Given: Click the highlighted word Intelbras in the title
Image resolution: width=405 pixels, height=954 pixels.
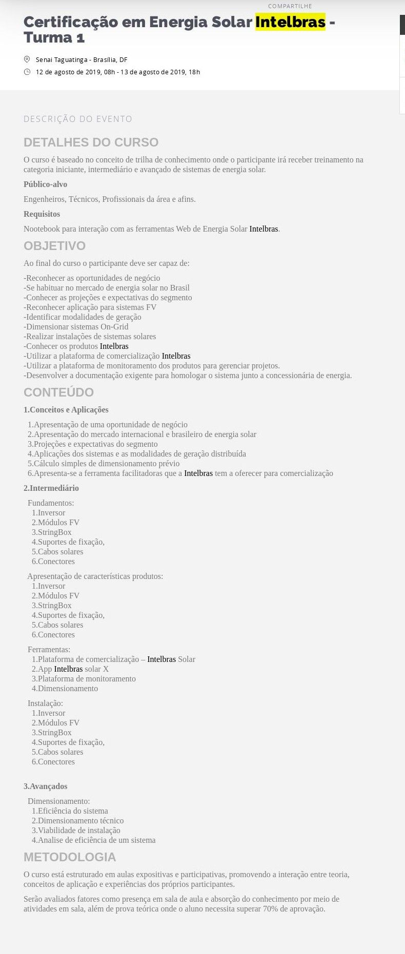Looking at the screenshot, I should (290, 22).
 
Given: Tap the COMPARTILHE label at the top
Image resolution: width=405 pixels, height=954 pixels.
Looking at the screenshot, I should (290, 6).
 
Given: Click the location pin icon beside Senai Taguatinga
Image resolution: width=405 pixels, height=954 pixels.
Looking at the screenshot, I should (27, 59).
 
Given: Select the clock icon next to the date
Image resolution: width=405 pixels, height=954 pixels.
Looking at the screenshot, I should (27, 72).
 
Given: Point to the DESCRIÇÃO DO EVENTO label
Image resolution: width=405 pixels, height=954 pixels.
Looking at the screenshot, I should (78, 119).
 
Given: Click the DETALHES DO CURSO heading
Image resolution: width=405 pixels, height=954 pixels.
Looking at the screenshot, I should (91, 142).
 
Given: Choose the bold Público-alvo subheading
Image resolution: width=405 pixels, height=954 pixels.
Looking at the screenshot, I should (45, 184).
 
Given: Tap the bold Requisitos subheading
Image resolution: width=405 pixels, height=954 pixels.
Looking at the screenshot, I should (42, 214).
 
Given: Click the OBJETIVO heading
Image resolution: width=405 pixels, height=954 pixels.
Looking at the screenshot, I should (54, 246).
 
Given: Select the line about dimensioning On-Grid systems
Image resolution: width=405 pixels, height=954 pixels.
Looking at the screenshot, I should (76, 327).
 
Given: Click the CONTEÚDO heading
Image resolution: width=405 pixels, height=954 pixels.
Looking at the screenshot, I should (58, 392).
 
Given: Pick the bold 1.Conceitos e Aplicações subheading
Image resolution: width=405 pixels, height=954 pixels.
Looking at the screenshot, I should (66, 410).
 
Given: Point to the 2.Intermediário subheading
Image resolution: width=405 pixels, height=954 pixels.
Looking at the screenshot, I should (51, 488).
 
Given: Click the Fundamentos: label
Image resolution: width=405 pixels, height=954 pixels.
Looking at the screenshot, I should (51, 503).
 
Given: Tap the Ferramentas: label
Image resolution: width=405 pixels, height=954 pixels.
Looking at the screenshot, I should (49, 650).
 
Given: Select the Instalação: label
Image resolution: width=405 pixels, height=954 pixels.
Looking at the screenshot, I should (45, 703).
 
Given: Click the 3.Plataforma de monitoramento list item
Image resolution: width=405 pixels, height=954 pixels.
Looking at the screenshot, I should (84, 679).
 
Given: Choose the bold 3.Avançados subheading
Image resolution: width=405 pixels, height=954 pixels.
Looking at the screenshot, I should (45, 786).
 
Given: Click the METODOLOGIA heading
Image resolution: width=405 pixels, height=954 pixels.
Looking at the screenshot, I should (70, 857).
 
